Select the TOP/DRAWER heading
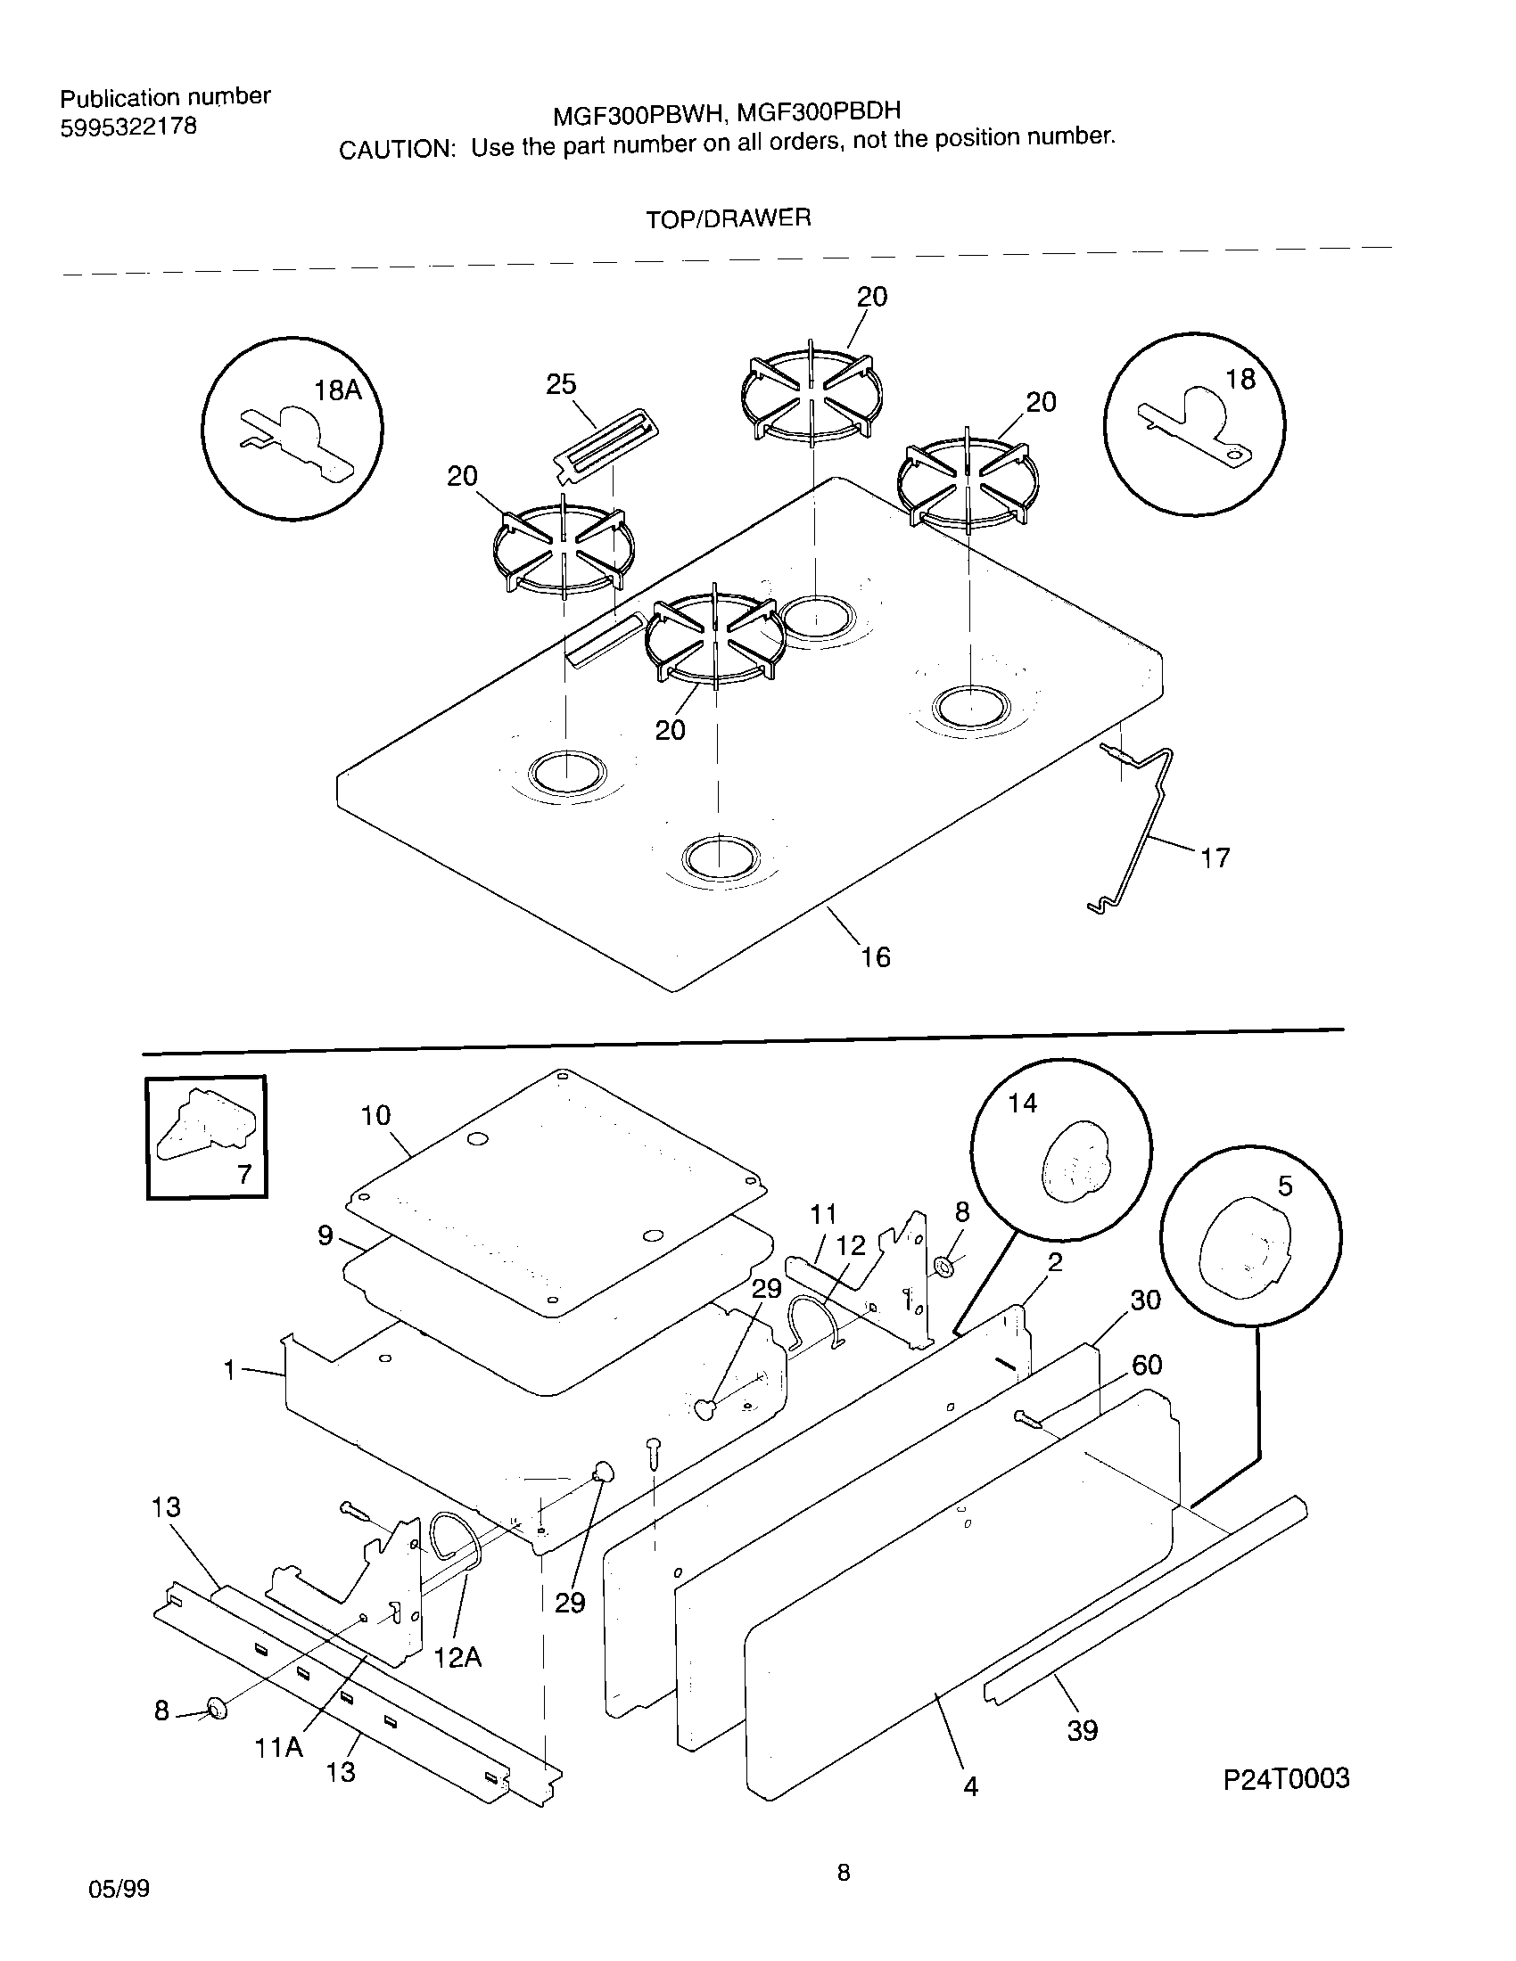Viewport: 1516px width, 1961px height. point(729,218)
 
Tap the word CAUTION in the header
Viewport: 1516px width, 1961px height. point(394,150)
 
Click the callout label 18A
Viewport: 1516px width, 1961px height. point(337,390)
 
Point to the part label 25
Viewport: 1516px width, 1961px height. point(561,385)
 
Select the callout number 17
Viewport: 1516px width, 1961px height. point(1215,858)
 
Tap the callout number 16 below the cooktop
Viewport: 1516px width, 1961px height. point(876,957)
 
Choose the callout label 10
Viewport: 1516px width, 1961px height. point(375,1115)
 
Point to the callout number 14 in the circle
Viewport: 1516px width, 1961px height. point(1022,1103)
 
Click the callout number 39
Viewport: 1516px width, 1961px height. point(1083,1730)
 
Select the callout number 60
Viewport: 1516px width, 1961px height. point(1147,1366)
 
